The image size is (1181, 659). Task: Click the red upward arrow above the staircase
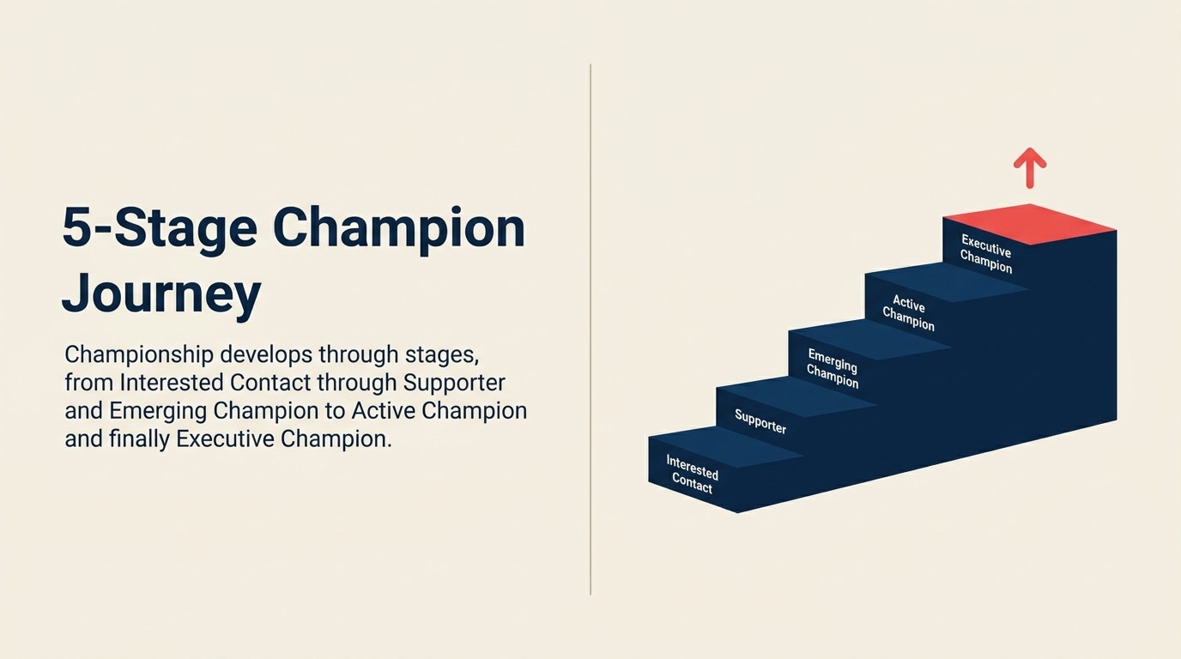[1029, 167]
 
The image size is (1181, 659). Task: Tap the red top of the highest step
[1030, 224]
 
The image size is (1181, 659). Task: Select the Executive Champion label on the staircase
[986, 253]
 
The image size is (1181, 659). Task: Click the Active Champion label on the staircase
[908, 312]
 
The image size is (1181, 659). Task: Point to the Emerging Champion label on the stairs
[833, 368]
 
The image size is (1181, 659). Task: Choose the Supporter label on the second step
[760, 421]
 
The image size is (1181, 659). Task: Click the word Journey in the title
[160, 293]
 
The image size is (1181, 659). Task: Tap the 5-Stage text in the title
[160, 227]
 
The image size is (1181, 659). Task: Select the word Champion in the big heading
[398, 227]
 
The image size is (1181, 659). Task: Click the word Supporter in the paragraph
[454, 382]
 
